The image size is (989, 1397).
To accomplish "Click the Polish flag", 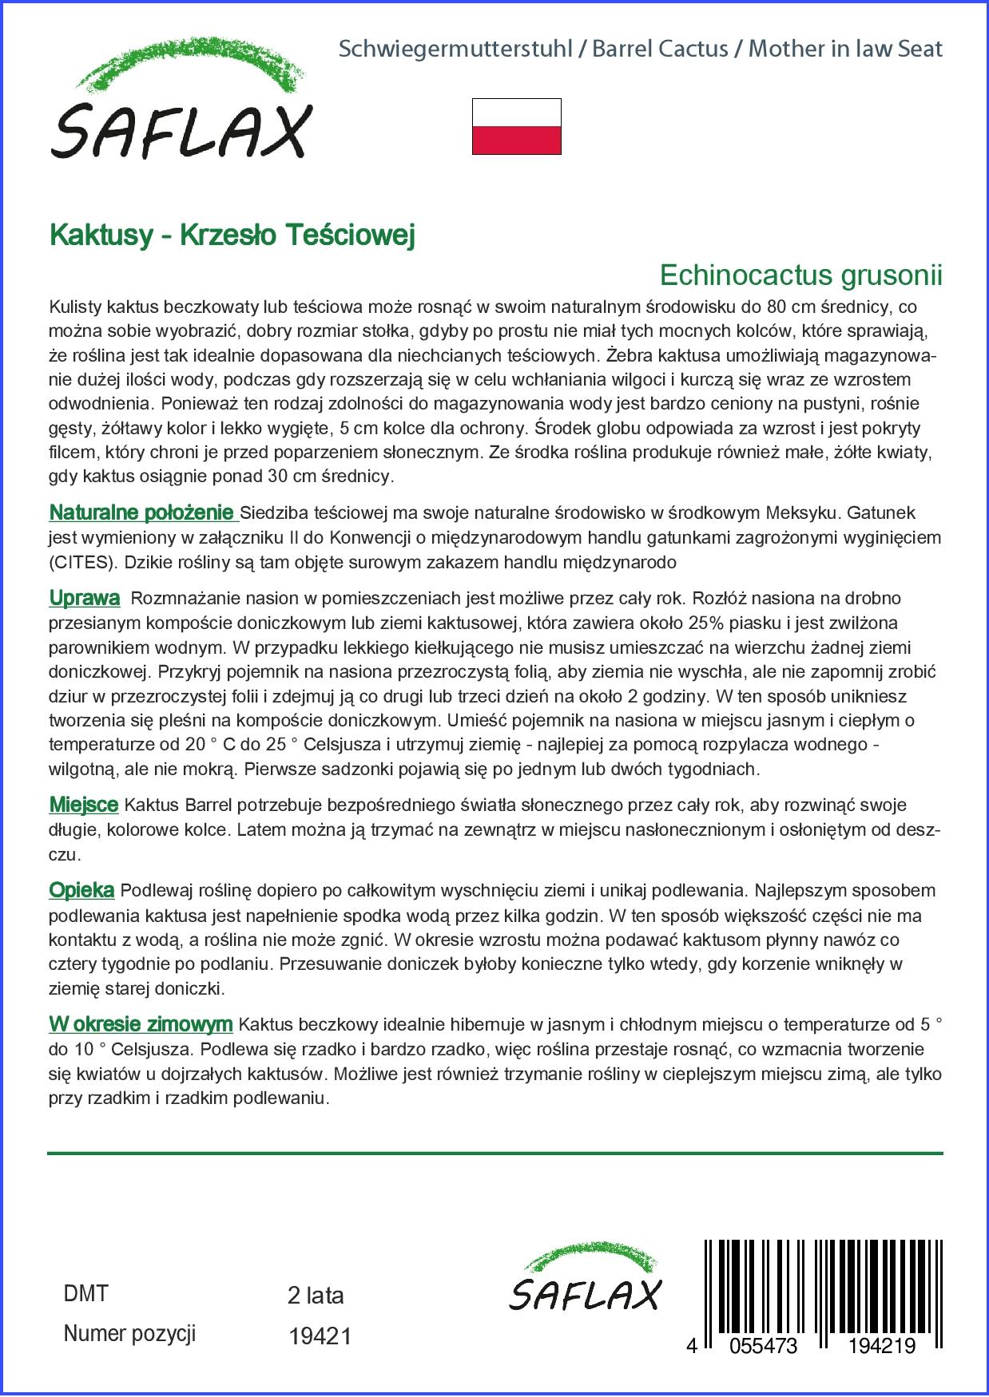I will point(517,126).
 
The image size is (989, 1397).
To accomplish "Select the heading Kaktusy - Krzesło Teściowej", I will point(232,235).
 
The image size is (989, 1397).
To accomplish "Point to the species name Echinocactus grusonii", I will point(800,275).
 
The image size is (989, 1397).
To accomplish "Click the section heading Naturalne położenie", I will point(141,512).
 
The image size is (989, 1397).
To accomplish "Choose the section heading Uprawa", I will point(85,598).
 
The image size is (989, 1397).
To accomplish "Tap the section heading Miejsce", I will point(84,805).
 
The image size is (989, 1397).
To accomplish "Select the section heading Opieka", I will point(81,890).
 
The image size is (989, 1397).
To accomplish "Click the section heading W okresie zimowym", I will point(141,1024).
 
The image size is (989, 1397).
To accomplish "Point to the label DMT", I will point(85,1294).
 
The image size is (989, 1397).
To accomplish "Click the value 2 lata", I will point(316,1296).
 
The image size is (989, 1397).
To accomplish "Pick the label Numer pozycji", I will point(129,1334).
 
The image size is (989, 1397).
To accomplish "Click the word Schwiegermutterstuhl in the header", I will point(455,49).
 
